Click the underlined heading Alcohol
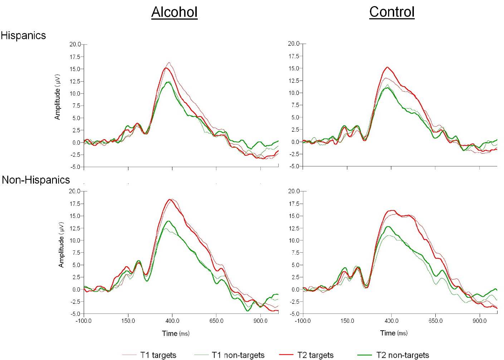click(x=174, y=12)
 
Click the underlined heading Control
click(x=392, y=12)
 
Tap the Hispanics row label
click(x=23, y=35)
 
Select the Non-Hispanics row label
click(x=36, y=180)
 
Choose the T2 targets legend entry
click(x=315, y=355)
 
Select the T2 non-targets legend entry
click(x=402, y=355)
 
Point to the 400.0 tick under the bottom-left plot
click(x=172, y=321)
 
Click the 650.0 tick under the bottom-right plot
click(x=436, y=321)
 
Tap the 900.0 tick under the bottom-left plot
click(x=260, y=321)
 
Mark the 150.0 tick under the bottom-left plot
click(x=128, y=321)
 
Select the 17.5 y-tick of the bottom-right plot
click(x=294, y=204)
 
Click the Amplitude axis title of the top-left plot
click(x=58, y=97)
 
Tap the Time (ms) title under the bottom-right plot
click(x=393, y=333)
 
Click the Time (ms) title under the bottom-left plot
click(x=176, y=334)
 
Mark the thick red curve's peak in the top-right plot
click(x=387, y=67)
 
